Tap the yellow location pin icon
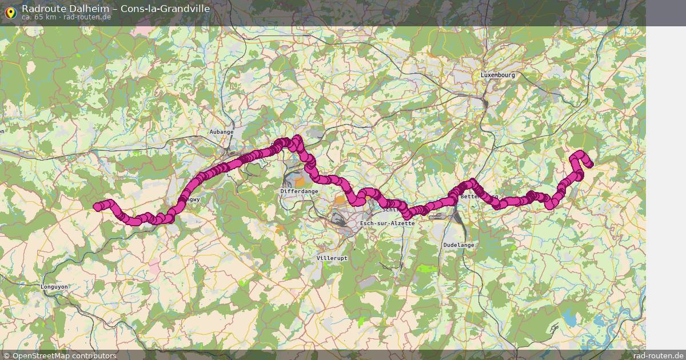[10, 12]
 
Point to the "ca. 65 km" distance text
[38, 17]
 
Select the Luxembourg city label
[497, 75]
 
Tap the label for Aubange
[221, 132]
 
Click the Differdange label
[299, 191]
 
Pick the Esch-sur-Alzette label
[387, 223]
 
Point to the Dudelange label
[458, 245]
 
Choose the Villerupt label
[332, 258]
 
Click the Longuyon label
[55, 287]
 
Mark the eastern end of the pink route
[589, 165]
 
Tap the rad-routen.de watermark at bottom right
[658, 355]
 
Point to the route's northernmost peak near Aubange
[297, 138]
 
